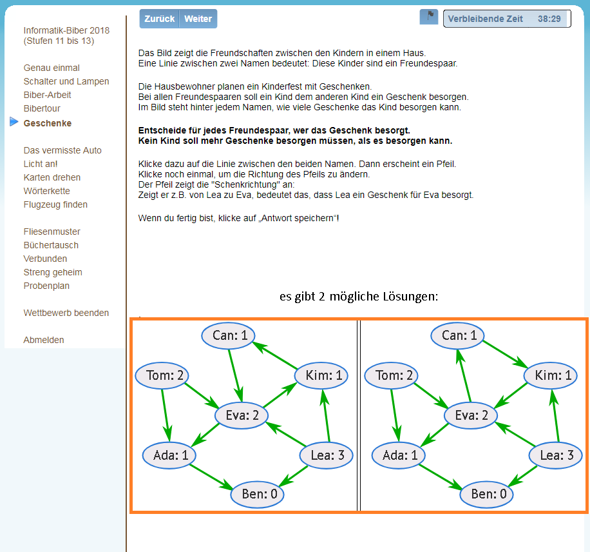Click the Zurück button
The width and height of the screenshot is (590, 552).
[159, 19]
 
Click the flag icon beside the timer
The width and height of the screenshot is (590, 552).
[429, 17]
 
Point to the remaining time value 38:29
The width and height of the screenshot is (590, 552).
[549, 19]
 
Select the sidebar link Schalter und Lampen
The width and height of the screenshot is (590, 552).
[66, 81]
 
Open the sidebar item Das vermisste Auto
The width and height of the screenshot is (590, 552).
[62, 150]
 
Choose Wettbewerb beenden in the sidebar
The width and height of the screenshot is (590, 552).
[66, 313]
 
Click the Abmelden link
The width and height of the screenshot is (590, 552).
[44, 340]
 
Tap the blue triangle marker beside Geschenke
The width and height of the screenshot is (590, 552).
[14, 122]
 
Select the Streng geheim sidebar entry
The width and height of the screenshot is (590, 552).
[53, 272]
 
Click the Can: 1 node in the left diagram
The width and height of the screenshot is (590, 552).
[229, 335]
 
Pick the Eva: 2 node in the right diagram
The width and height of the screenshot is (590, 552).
[471, 415]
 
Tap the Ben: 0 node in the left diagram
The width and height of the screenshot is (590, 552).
[258, 494]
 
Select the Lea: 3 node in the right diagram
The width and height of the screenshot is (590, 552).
[556, 455]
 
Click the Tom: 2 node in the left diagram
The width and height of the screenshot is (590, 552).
[162, 375]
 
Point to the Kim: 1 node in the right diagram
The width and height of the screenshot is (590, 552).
[551, 375]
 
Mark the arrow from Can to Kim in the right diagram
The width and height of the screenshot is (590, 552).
[506, 354]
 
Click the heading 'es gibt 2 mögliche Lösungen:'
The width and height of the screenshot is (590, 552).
[359, 297]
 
